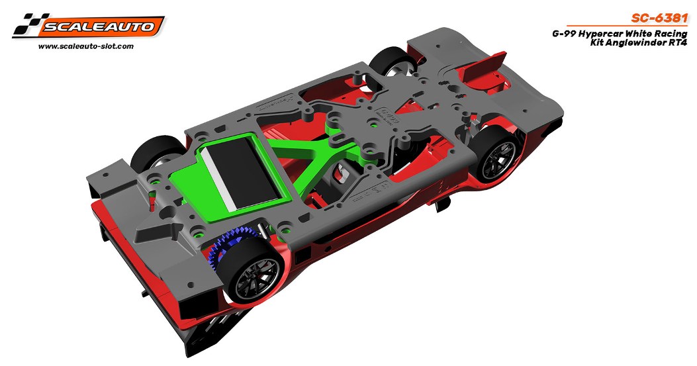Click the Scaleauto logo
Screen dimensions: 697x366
click(89, 26)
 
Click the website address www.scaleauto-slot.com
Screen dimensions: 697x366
click(86, 46)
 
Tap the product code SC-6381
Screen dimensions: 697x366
click(659, 19)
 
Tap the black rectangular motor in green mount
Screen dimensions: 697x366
click(241, 173)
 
